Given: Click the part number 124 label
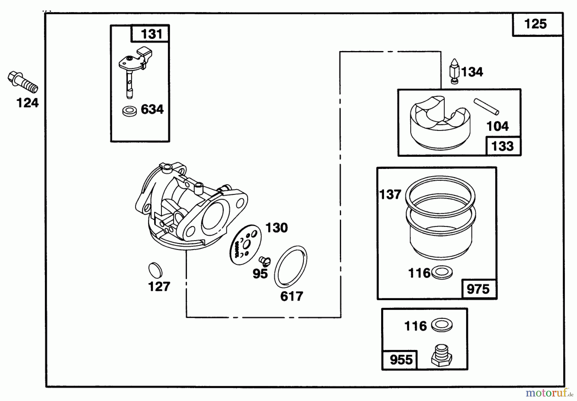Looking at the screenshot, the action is [28, 103].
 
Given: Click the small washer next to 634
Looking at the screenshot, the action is [130, 111].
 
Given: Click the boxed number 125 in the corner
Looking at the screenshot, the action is [535, 24].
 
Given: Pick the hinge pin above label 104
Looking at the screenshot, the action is [486, 107].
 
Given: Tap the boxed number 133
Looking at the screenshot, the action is [502, 146].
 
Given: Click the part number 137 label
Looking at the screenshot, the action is [390, 194].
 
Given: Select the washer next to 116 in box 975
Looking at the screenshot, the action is [442, 273].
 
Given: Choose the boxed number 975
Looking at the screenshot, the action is [478, 289].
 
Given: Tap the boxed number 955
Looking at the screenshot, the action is [401, 360].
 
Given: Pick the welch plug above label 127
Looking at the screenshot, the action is [155, 270].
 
